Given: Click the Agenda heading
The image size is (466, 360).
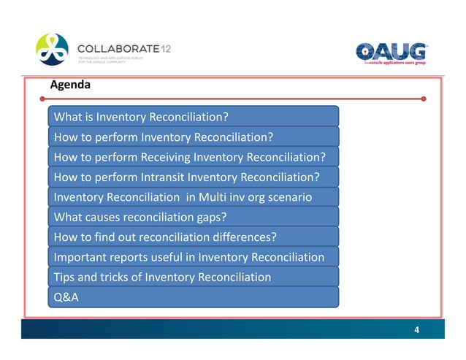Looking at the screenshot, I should tap(70, 85).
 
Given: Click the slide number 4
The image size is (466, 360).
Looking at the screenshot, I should tap(416, 330).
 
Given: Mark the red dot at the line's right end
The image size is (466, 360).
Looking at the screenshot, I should tap(424, 98).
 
